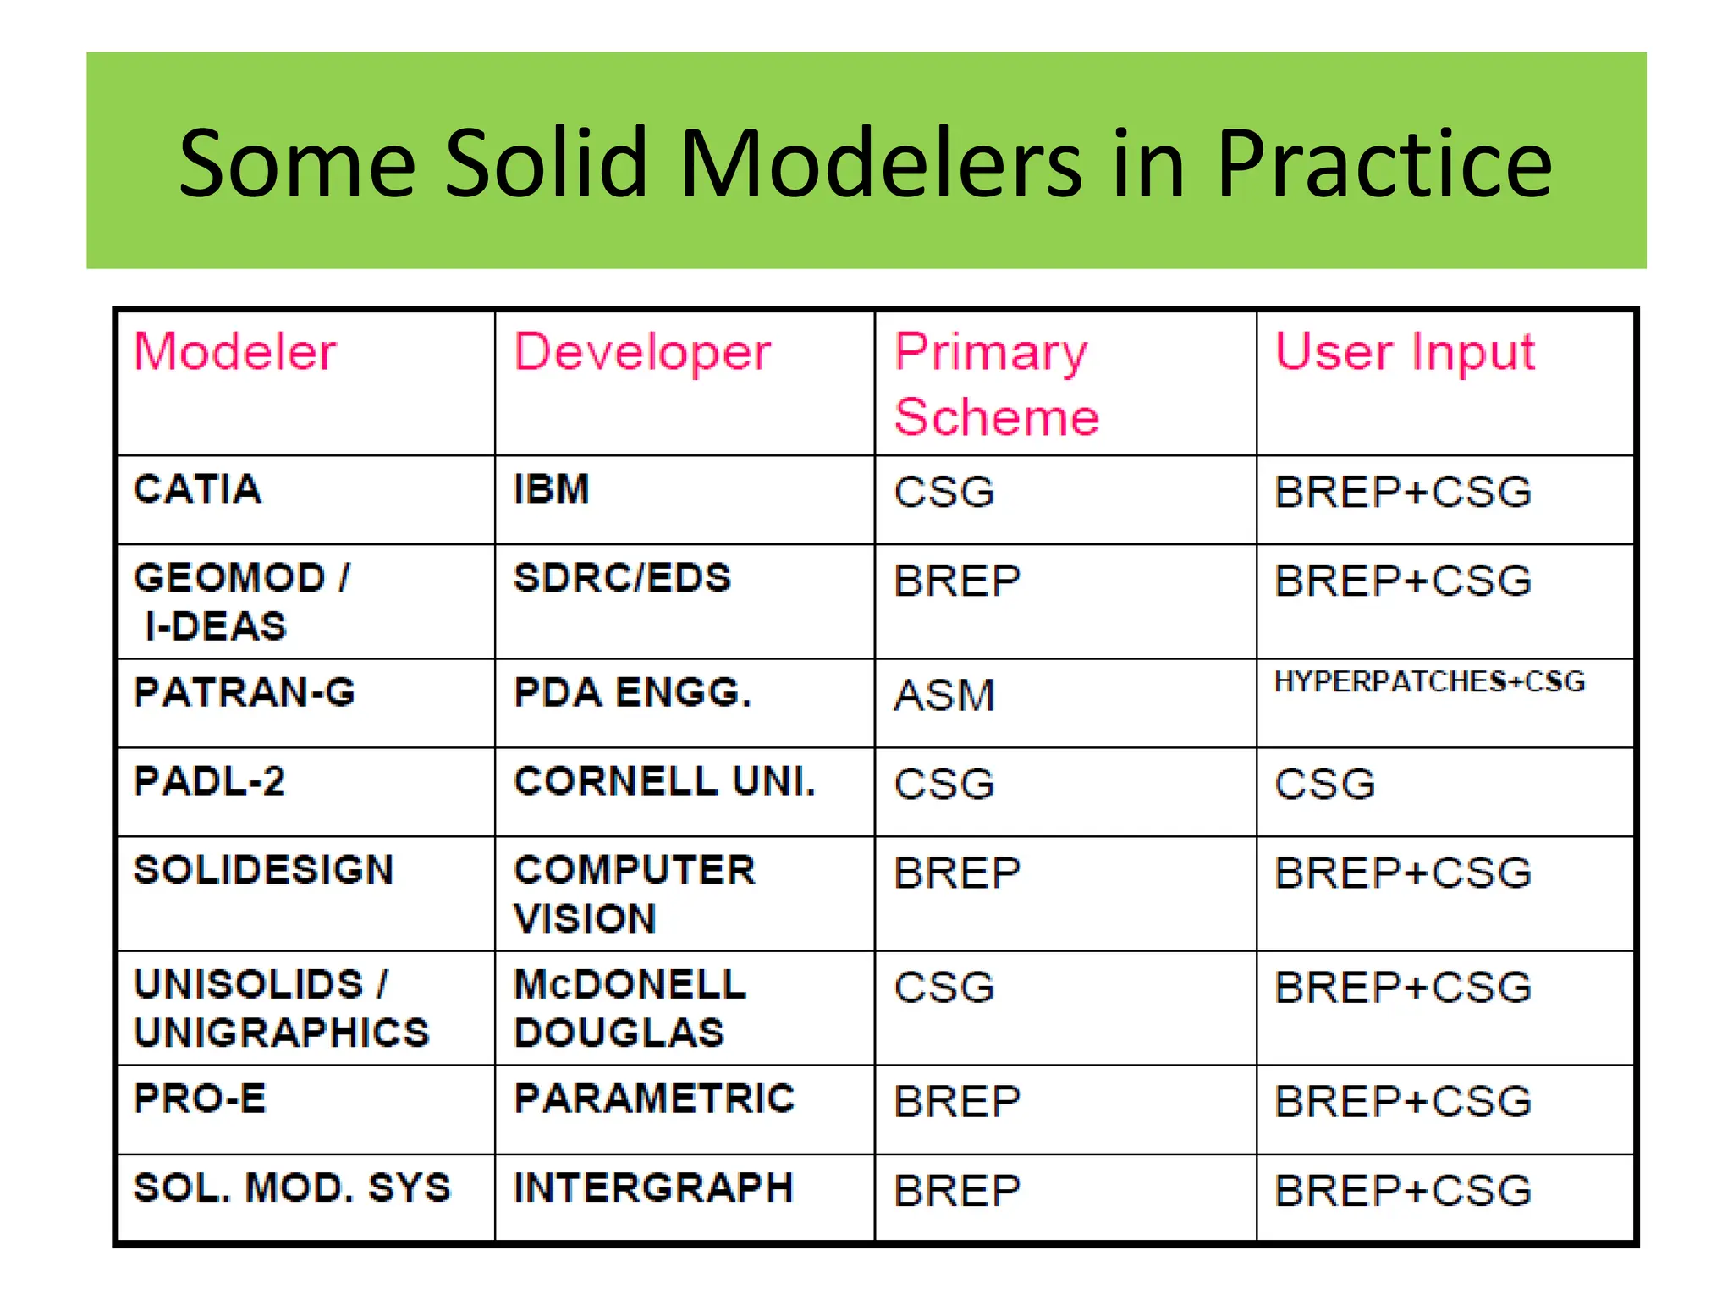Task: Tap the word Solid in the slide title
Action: coord(547,163)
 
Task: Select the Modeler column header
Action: coord(235,351)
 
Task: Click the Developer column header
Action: coord(642,351)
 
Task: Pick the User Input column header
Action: coord(1405,351)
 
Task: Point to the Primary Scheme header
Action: coord(996,384)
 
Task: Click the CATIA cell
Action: coord(198,490)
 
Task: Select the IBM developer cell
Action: coord(552,490)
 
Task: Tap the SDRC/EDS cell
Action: coord(622,579)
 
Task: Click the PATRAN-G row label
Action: coord(245,693)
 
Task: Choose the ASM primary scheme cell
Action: coord(944,697)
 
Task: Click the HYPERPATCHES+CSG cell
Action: coord(1429,682)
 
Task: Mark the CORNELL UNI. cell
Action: coord(665,782)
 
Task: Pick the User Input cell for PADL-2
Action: coord(1325,785)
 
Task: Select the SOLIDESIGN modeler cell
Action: coord(264,871)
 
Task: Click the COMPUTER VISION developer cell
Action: coord(635,895)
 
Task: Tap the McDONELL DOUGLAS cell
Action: coord(630,1009)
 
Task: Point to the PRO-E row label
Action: coord(200,1099)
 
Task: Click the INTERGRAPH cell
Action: coord(653,1188)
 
